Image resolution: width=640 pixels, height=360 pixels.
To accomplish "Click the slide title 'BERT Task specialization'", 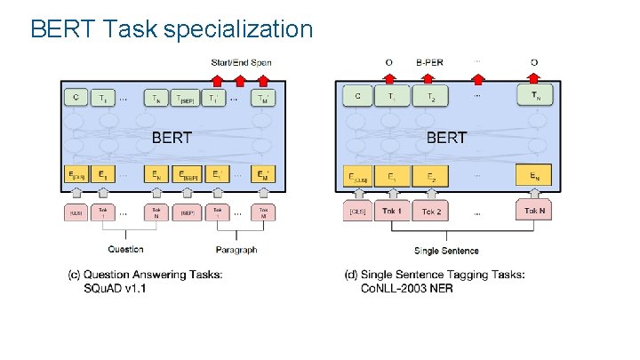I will (172, 29).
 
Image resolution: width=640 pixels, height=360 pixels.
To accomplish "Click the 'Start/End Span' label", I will (241, 62).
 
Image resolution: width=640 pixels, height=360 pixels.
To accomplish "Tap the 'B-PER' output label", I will (430, 62).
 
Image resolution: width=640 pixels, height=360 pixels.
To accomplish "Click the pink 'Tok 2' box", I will (431, 212).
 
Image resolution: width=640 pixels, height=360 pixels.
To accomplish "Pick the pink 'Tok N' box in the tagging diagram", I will (534, 212).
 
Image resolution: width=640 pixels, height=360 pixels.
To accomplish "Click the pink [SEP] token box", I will (188, 212).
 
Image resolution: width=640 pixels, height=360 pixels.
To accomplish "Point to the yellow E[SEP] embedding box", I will (188, 176).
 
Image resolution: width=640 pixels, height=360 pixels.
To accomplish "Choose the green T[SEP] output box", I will (188, 98).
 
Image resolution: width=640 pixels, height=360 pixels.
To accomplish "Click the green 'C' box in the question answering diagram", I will (76, 98).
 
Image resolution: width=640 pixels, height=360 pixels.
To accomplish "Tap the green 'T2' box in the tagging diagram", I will (431, 97).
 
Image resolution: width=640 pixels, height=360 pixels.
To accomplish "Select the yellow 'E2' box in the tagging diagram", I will (431, 176).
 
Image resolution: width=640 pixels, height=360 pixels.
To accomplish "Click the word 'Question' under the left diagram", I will (125, 250).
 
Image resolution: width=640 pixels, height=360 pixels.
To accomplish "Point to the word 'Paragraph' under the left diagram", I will (236, 250).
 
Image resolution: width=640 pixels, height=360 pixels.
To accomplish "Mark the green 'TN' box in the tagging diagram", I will (534, 97).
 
